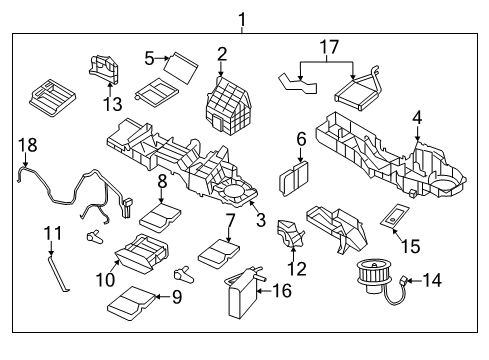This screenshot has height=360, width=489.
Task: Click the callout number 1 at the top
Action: point(240,17)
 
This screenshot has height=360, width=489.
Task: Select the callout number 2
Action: point(222,53)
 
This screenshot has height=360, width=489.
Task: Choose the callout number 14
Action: point(432,282)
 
